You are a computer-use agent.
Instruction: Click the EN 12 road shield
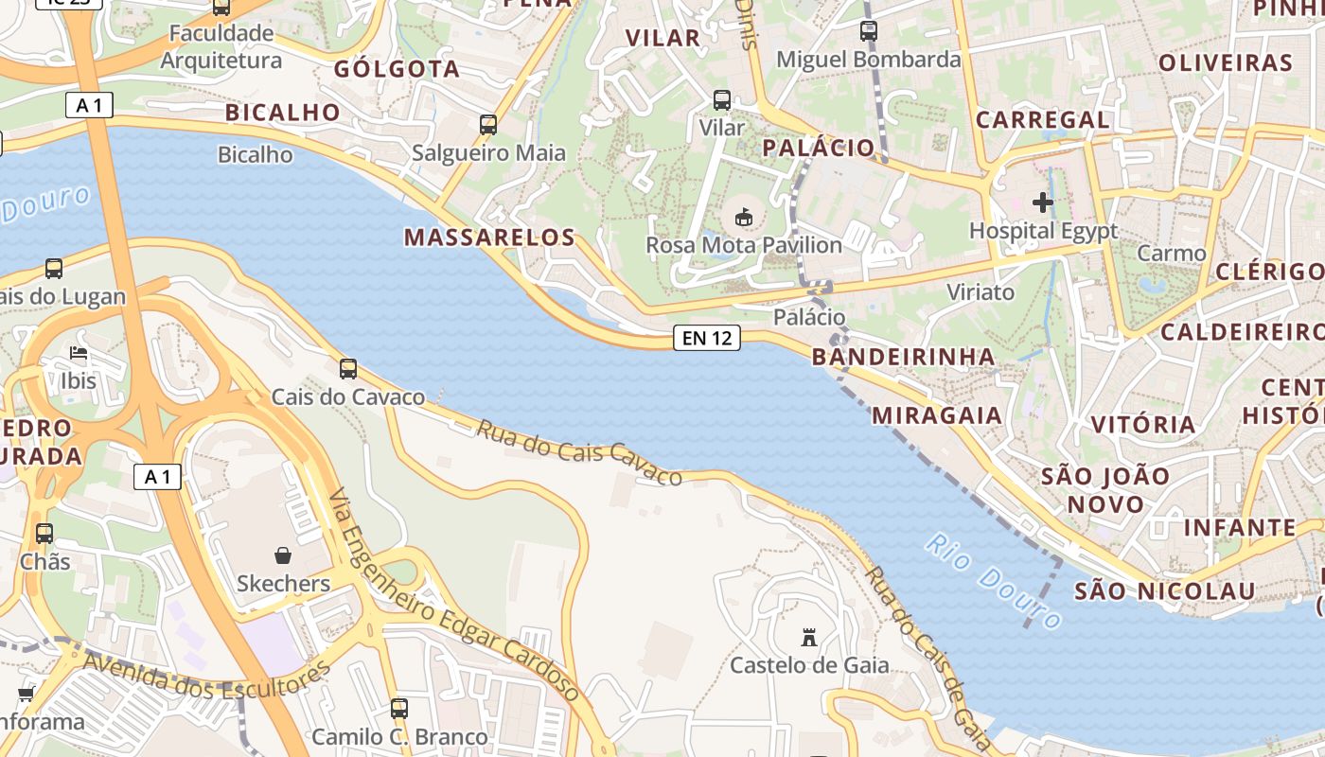(707, 338)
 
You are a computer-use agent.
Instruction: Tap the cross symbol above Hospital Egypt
(1043, 202)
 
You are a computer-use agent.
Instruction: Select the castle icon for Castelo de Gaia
(808, 637)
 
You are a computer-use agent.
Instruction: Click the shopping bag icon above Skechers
(282, 555)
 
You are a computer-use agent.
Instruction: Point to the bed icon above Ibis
(79, 354)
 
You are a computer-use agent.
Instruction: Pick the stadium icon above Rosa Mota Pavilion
(744, 218)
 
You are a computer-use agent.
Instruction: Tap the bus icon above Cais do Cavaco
(348, 368)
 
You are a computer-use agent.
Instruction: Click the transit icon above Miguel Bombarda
(868, 31)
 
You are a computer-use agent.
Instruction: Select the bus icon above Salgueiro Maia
(488, 124)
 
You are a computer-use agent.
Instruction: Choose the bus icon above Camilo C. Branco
(399, 708)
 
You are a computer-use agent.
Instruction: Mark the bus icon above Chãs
(44, 533)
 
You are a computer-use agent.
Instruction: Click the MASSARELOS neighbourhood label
(490, 238)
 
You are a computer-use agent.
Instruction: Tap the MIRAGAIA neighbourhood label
(936, 415)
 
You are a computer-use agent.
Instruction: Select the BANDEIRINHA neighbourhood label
(904, 357)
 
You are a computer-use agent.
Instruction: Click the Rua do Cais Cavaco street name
(578, 452)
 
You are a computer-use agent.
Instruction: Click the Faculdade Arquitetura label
(221, 47)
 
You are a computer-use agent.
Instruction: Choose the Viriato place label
(980, 292)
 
